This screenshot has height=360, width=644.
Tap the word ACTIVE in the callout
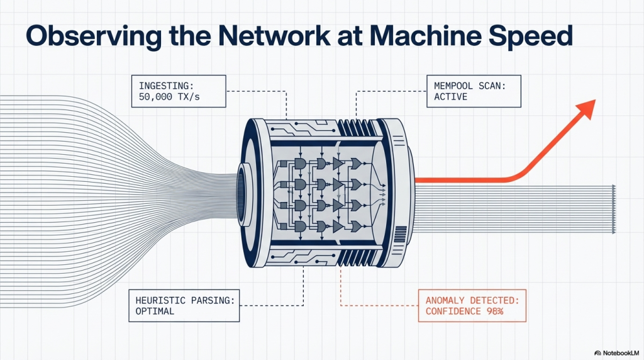(450, 98)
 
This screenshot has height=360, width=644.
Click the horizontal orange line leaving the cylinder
(459, 180)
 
